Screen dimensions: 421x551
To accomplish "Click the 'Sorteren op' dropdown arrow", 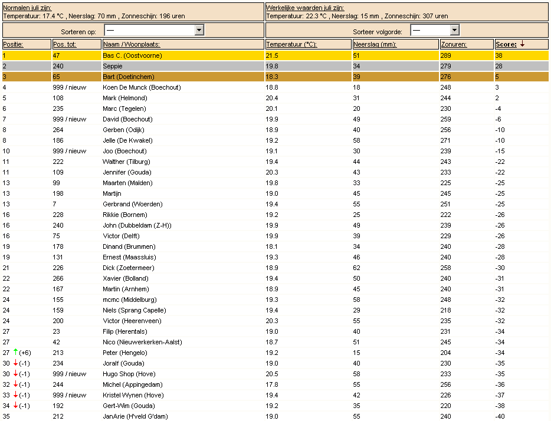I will tap(199, 30).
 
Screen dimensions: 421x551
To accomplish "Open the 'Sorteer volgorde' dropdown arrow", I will tap(454, 30).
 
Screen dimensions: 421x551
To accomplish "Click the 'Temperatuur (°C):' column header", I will tap(291, 44).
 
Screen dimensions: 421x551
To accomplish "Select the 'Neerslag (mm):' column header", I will tap(375, 44).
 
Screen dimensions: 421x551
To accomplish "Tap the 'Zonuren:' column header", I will tap(454, 44).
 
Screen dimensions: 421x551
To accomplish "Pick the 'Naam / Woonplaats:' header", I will tap(131, 44).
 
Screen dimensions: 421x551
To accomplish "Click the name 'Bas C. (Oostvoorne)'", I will tap(132, 55).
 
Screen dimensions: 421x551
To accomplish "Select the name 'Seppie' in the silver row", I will tap(112, 66).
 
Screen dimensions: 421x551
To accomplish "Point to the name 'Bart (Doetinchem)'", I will tap(128, 77).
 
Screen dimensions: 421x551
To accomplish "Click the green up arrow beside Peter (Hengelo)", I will tap(15, 352).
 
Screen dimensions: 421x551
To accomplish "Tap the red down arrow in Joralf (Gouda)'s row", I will tap(15, 363).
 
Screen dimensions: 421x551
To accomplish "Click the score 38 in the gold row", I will tap(498, 55).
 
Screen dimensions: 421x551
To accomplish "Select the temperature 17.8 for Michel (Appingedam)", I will tap(272, 384).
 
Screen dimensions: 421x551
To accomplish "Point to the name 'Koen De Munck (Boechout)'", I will tap(142, 87).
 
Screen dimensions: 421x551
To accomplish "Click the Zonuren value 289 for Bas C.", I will tap(446, 55).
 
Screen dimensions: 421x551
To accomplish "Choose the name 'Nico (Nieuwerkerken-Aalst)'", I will tap(142, 342).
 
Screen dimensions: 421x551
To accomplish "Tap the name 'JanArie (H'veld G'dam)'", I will tap(135, 416).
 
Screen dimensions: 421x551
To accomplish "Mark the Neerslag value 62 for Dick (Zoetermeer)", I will tap(356, 268).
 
